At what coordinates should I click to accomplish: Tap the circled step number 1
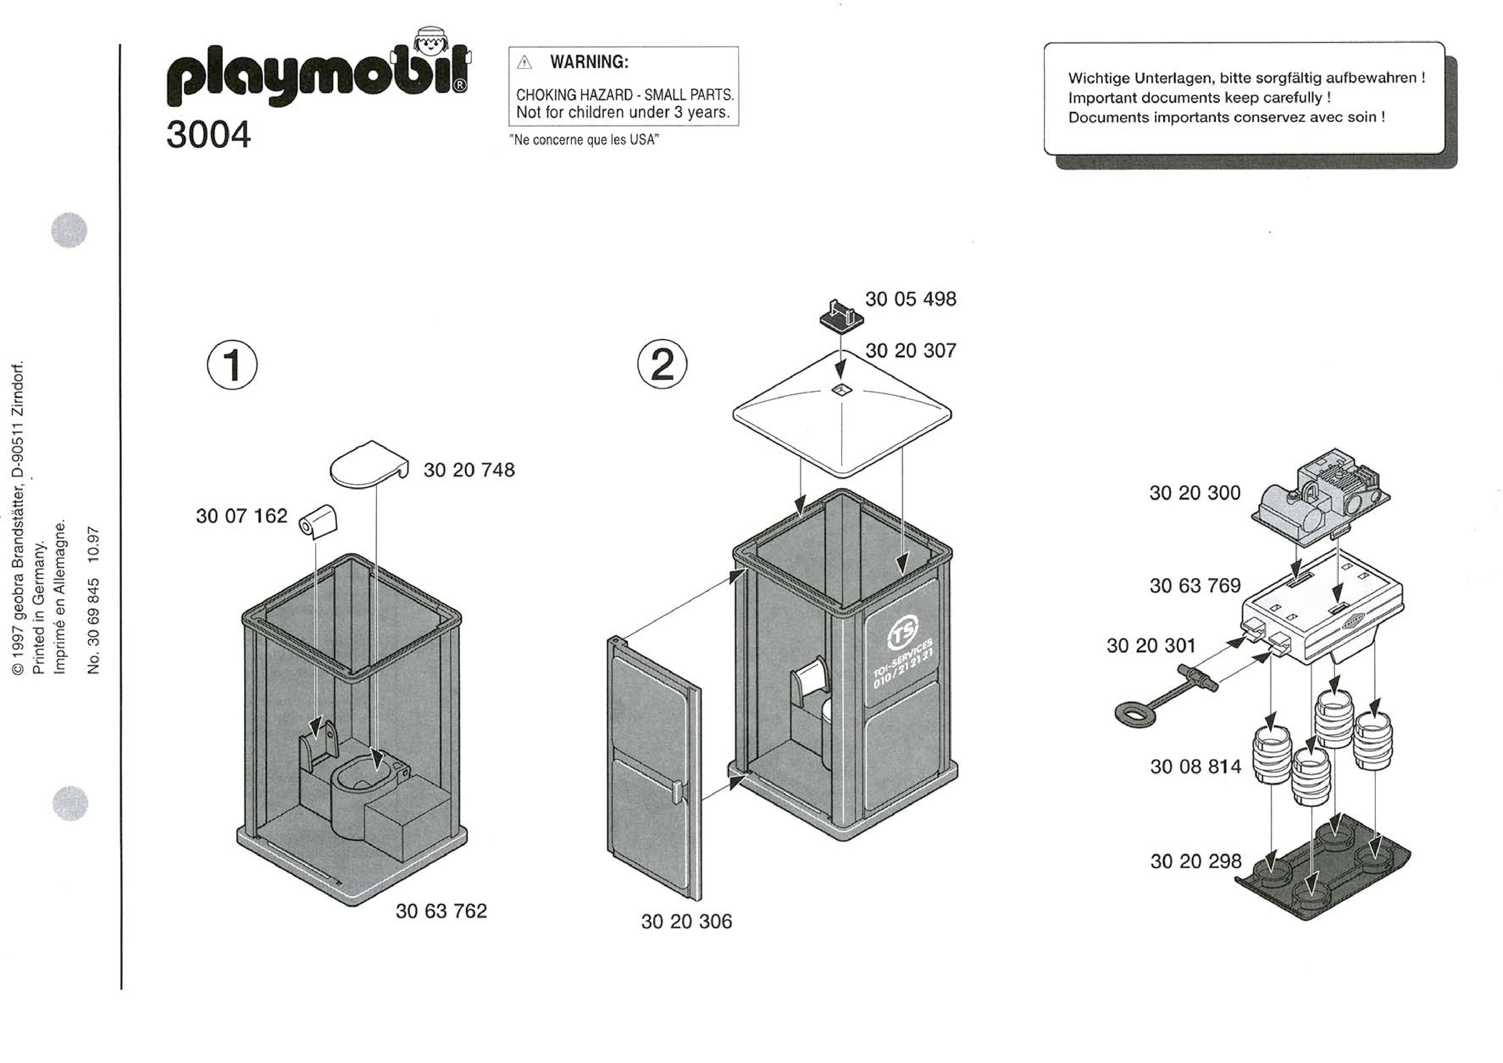click(232, 365)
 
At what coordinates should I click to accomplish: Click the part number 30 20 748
click(469, 470)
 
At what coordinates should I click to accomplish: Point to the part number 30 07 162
click(242, 516)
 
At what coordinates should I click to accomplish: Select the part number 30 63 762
click(441, 911)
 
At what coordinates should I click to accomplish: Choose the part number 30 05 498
click(911, 299)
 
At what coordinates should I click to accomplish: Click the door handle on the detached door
click(679, 791)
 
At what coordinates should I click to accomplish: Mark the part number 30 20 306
click(686, 921)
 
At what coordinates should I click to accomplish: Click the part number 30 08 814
click(1195, 766)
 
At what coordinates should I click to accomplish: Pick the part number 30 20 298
click(1195, 861)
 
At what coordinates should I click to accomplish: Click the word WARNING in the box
click(589, 62)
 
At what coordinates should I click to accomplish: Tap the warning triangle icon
click(524, 63)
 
